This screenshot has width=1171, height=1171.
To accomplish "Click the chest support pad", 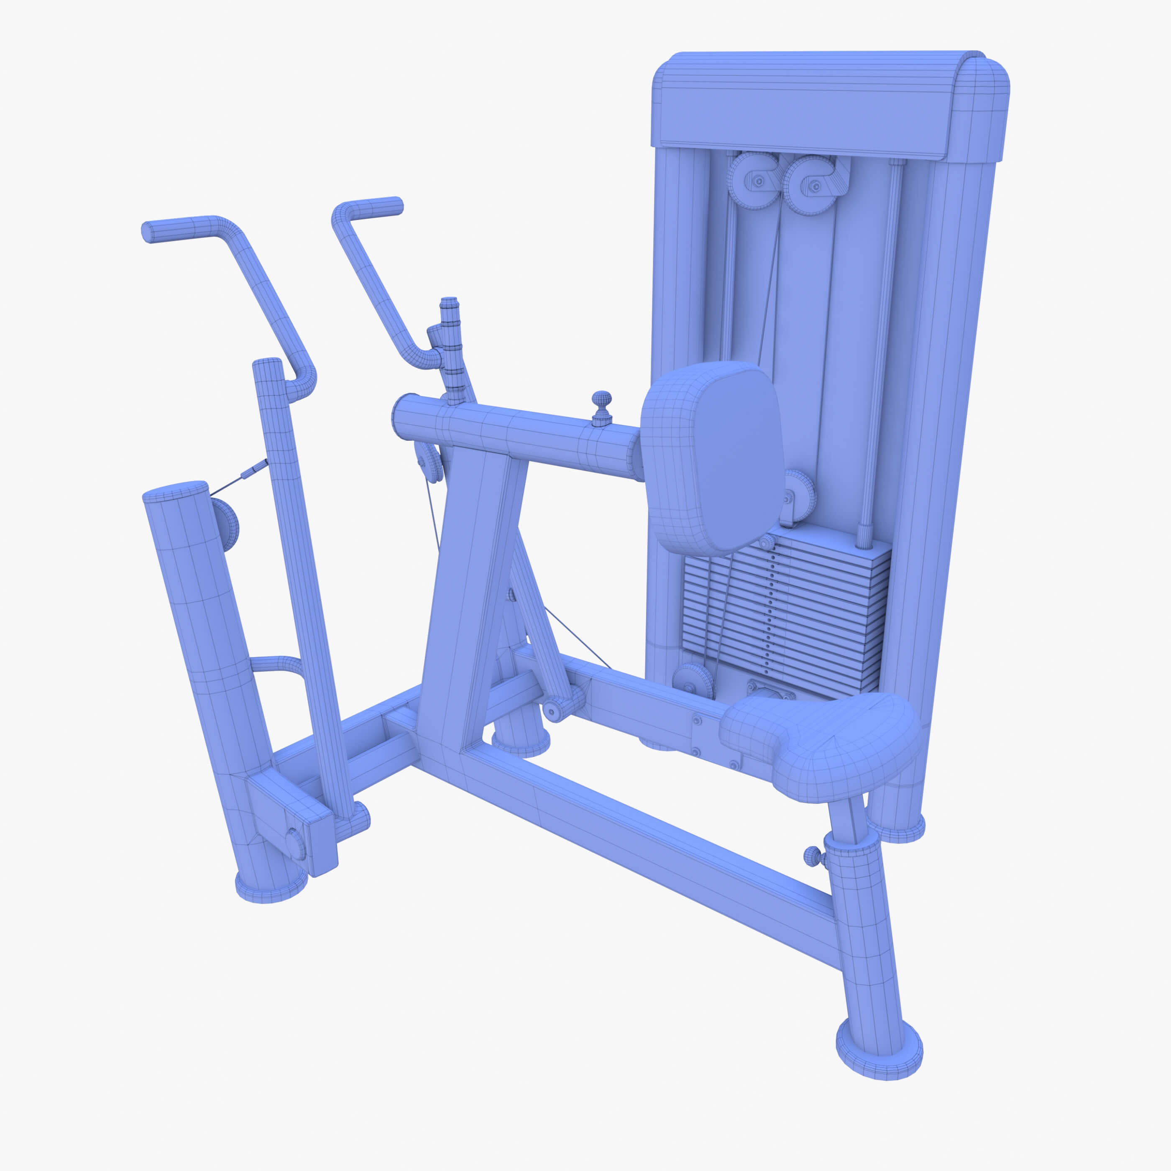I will coord(712,458).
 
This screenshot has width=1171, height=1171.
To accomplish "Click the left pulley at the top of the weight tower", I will coord(753,180).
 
